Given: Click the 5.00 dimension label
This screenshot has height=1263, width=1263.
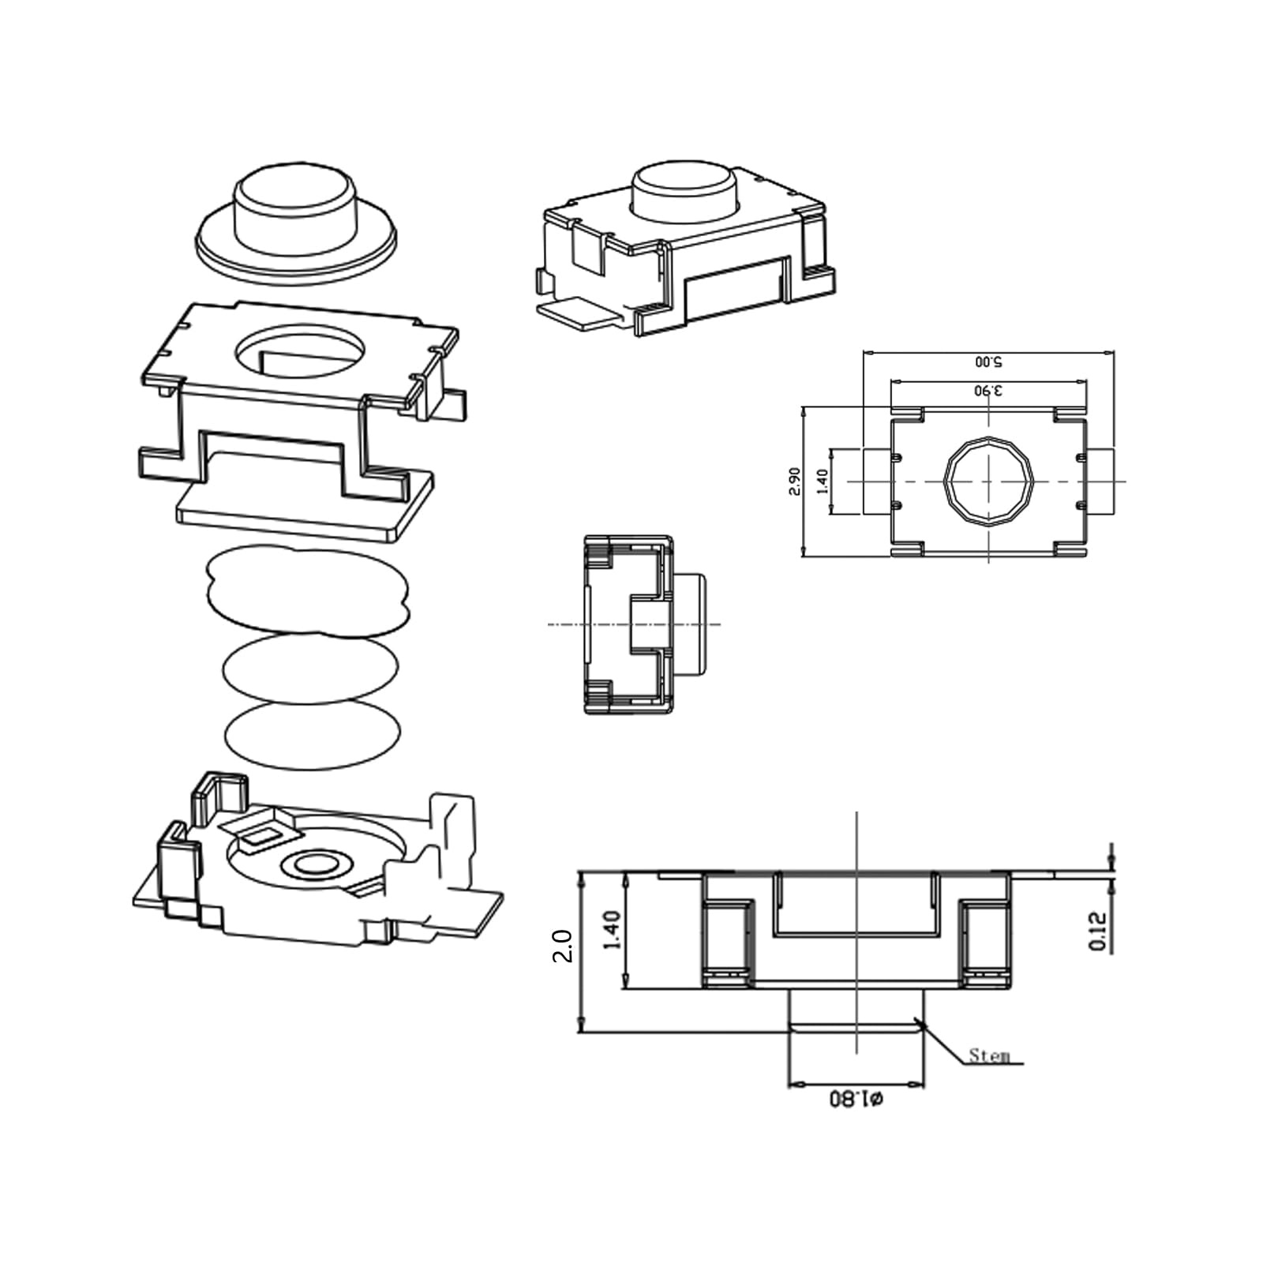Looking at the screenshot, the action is [x=988, y=362].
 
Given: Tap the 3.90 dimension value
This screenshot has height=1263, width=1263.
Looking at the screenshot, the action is [x=988, y=390].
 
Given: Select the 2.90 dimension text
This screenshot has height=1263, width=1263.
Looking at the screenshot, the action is [x=795, y=482].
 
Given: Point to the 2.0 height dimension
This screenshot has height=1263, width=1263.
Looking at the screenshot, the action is [x=562, y=945].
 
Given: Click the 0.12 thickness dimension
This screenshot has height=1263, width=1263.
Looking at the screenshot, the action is [x=1098, y=931].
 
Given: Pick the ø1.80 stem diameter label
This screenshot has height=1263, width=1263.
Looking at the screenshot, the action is [x=856, y=1099].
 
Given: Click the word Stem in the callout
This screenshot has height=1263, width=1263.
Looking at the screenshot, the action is [x=989, y=1055].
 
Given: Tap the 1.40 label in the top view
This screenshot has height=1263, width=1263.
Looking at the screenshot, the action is [x=823, y=482].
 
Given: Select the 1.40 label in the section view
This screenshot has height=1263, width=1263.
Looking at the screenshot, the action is [x=612, y=931].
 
